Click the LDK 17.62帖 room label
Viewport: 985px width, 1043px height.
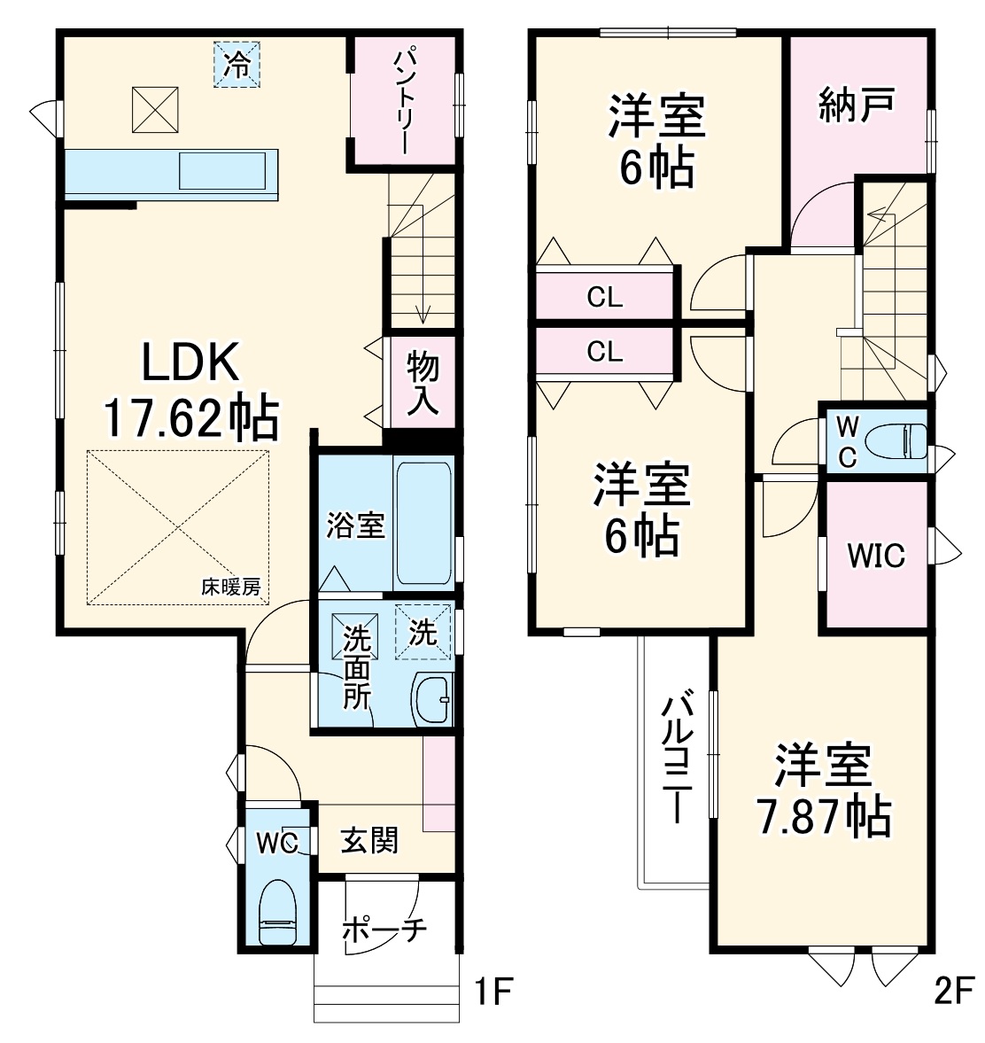click(x=190, y=391)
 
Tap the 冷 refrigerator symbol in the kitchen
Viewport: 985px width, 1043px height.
click(x=237, y=65)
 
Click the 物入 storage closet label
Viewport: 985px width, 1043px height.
click(x=423, y=383)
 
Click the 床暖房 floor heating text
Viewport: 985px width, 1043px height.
click(x=230, y=587)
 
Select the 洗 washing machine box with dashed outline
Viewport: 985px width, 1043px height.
click(x=423, y=632)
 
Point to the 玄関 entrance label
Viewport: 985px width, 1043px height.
click(x=369, y=839)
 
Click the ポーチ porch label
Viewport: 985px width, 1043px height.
click(x=384, y=930)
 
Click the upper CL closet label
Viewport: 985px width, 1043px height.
click(x=605, y=297)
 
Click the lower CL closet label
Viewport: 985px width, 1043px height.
click(x=605, y=352)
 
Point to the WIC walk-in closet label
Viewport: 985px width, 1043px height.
click(x=875, y=556)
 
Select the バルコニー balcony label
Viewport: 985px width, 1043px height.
click(x=677, y=759)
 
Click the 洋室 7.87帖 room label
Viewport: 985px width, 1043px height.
click(x=823, y=790)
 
